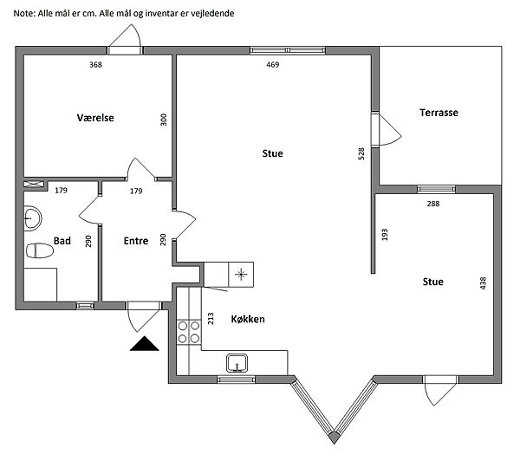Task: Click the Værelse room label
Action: [95, 118]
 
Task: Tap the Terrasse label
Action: [439, 113]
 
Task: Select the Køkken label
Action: [248, 319]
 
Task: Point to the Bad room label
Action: [62, 241]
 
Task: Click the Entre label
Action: [136, 241]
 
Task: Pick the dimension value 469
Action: [273, 65]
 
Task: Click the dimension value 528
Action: [361, 154]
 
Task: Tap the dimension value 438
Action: [484, 283]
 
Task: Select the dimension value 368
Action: [95, 65]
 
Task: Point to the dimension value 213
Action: [211, 319]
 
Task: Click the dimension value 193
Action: [385, 235]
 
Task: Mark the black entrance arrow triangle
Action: [144, 344]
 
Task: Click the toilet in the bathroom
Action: [39, 250]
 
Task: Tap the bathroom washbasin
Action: [33, 218]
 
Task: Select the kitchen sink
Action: [237, 363]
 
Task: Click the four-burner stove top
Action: [189, 332]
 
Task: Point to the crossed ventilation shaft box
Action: [34, 184]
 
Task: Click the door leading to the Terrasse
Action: [386, 130]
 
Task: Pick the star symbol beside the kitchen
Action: [241, 275]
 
